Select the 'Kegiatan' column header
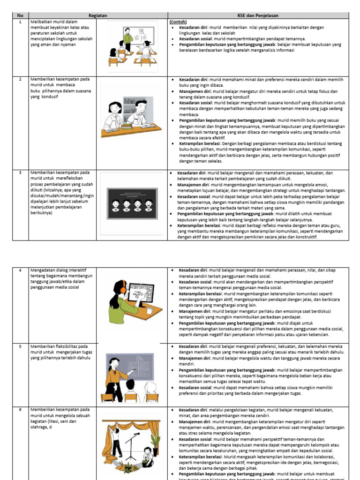(x=98, y=15)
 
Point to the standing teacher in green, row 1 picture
(x=127, y=39)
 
